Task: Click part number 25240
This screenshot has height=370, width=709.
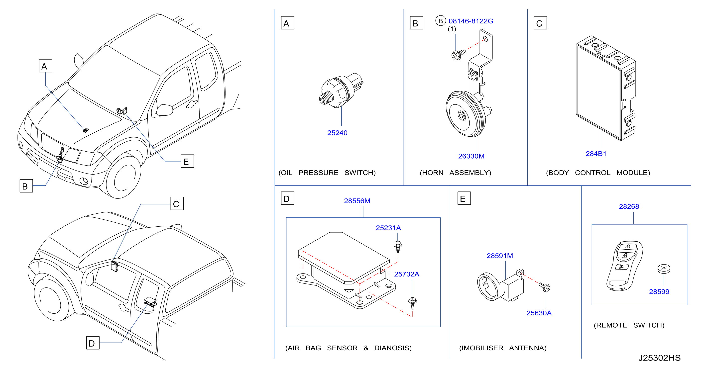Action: (x=337, y=133)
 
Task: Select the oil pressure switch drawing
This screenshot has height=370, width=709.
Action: (x=341, y=91)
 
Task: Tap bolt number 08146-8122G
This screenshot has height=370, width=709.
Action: (x=471, y=21)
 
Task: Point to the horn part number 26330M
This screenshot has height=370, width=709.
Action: (x=471, y=156)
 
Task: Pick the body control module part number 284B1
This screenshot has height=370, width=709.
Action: (x=596, y=154)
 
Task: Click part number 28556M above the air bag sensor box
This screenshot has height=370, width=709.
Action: (x=357, y=201)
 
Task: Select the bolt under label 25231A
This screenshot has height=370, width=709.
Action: (x=398, y=246)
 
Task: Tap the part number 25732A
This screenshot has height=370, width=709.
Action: (x=407, y=274)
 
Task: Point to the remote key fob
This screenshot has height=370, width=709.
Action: (x=624, y=266)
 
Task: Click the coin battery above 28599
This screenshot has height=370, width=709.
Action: (x=664, y=269)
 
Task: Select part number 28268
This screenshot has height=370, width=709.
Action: (x=629, y=206)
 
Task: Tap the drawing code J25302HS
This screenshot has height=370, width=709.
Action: (x=659, y=358)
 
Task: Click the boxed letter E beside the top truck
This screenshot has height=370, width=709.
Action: (x=187, y=161)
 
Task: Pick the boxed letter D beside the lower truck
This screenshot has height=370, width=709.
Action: (x=93, y=343)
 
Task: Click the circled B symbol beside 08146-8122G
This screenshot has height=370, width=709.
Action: (x=440, y=21)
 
